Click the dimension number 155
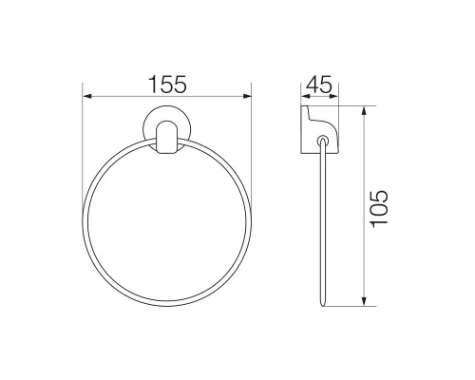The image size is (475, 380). [167, 85]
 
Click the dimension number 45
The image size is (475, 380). [319, 85]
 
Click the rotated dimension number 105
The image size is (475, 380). [379, 209]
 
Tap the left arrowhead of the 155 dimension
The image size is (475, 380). [87, 96]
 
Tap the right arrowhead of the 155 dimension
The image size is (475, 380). [247, 96]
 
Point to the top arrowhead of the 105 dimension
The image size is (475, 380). [364, 111]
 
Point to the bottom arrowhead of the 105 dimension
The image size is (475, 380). [364, 301]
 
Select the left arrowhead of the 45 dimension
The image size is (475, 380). [305, 96]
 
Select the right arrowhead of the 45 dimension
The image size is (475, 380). [333, 96]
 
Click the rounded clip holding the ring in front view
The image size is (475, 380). [167, 138]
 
